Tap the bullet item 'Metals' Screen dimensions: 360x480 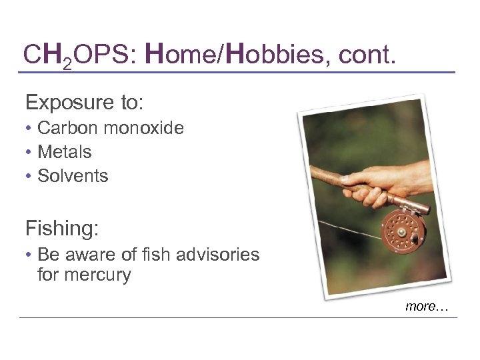(x=64, y=152)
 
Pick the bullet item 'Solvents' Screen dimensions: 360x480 (x=72, y=176)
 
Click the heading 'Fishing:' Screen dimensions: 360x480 (x=62, y=229)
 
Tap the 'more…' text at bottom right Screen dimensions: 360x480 (x=427, y=306)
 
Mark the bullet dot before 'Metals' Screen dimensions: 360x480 (x=29, y=153)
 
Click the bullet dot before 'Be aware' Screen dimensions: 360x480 (x=29, y=255)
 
